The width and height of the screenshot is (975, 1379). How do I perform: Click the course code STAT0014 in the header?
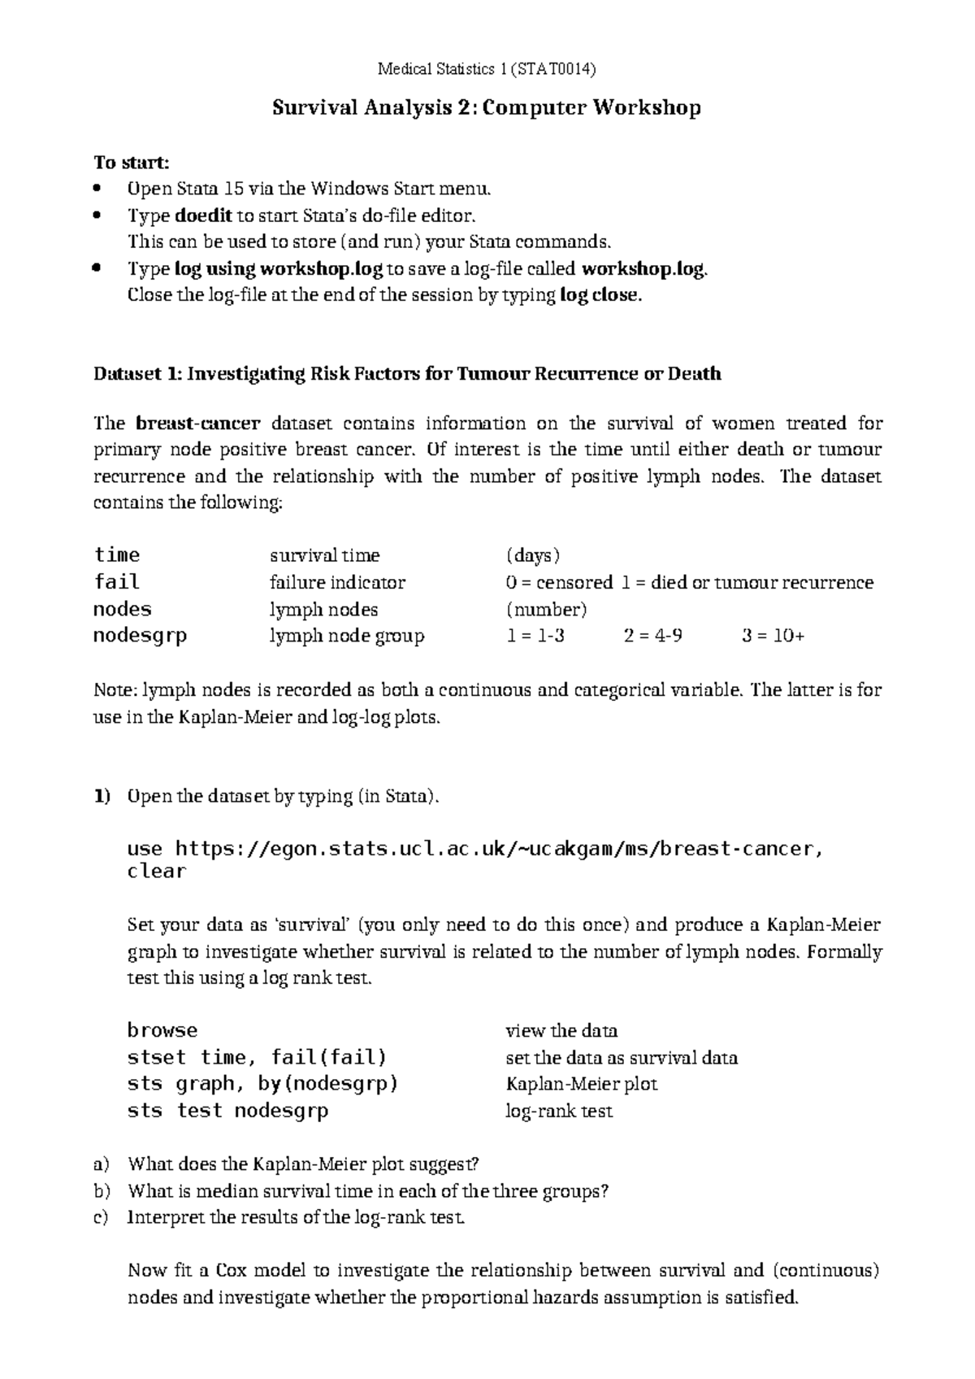point(557,69)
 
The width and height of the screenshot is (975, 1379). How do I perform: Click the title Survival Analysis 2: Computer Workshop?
point(486,107)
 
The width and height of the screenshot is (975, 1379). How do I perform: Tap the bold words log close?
point(600,295)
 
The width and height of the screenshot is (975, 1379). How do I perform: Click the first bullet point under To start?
point(98,189)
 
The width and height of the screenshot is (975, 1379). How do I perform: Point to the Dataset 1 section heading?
point(407,374)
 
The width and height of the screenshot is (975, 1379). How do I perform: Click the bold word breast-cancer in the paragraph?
point(198,423)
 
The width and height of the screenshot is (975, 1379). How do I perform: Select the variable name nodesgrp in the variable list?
point(140,636)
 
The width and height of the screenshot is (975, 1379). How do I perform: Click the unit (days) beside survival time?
point(532,555)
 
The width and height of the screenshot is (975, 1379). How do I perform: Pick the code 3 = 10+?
point(773,636)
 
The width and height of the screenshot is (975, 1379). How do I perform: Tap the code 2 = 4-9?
point(652,636)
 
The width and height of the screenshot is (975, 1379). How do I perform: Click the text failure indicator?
point(337,582)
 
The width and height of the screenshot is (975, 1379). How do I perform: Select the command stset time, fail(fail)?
point(257,1057)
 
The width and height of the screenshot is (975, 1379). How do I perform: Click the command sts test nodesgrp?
point(227,1111)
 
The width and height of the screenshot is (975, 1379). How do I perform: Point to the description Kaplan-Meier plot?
point(581,1084)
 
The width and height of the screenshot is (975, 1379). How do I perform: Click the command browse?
point(162,1030)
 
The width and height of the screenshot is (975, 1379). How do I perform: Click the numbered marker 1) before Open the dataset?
point(101,796)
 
